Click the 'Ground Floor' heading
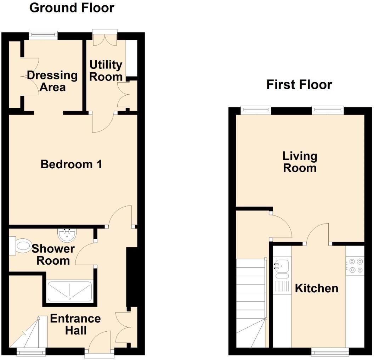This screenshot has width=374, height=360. click(72, 7)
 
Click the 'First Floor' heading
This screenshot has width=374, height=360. click(299, 85)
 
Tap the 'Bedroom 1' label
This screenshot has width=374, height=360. click(71, 164)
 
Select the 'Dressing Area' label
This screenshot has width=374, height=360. click(52, 81)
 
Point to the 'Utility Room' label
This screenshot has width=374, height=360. click(106, 71)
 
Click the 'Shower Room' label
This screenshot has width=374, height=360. click(53, 254)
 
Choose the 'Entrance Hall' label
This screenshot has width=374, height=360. click(75, 324)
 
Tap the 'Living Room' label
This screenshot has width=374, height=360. click(300, 162)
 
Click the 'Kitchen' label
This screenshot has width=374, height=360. click(316, 288)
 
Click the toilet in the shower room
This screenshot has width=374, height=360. click(22, 246)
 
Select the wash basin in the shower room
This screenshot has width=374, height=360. click(66, 234)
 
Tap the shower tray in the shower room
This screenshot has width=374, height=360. click(70, 291)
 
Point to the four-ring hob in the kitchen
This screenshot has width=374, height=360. click(355, 266)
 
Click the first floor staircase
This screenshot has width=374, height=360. click(251, 301)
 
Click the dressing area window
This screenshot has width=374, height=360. click(43, 34)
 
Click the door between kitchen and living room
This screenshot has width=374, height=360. click(318, 235)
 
